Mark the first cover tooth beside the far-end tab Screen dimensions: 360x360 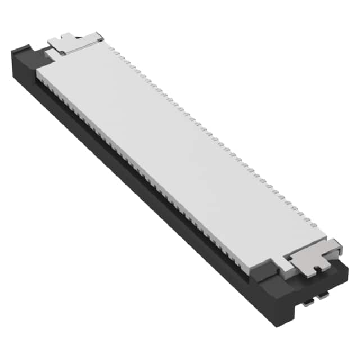pyautogui.click(x=111, y=49)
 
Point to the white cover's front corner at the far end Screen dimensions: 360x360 pyautogui.click(x=38, y=73)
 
